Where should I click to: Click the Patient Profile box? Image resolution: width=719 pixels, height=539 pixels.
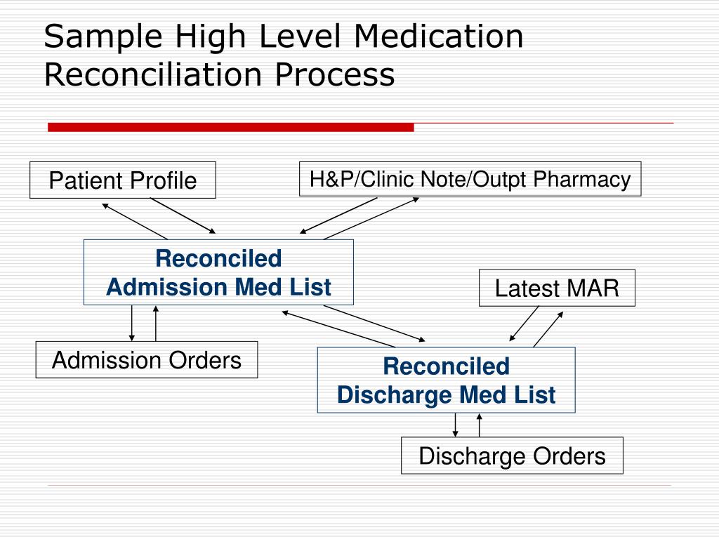click(x=123, y=180)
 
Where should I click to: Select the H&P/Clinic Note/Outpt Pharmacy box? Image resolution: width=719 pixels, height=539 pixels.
click(x=470, y=180)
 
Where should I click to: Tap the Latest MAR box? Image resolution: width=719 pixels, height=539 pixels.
click(x=557, y=288)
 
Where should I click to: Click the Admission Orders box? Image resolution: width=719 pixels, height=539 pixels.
click(x=147, y=360)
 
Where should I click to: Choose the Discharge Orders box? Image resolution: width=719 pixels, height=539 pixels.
click(x=512, y=456)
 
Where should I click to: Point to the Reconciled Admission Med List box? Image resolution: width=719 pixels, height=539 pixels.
click(x=218, y=272)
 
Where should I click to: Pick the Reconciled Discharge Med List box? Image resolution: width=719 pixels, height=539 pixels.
click(x=446, y=380)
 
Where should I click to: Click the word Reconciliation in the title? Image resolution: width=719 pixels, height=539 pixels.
click(x=154, y=75)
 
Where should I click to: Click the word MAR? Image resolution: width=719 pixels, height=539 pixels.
click(x=594, y=288)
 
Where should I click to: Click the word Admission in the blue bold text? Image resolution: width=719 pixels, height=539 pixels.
click(x=166, y=287)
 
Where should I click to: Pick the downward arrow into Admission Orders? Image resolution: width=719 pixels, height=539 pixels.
click(x=131, y=324)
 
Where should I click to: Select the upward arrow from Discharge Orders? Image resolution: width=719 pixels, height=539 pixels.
click(x=480, y=425)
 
